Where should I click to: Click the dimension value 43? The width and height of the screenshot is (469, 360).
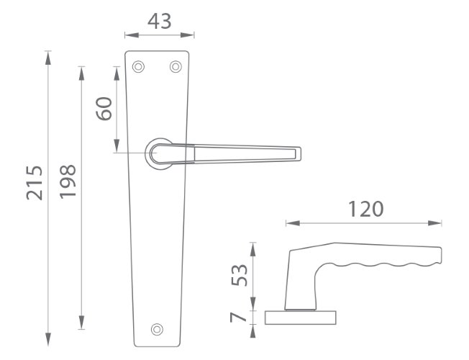(160, 22)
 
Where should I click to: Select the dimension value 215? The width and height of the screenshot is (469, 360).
(35, 183)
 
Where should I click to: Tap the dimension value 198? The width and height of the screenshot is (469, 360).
(68, 181)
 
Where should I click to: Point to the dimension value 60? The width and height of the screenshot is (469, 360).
(104, 109)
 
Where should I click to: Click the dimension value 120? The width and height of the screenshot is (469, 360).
(366, 209)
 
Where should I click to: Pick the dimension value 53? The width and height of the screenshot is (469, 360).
(240, 275)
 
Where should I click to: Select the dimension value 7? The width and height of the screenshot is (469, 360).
(238, 318)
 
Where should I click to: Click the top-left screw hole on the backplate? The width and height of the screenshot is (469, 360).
(138, 66)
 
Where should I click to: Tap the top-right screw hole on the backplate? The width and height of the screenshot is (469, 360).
(176, 66)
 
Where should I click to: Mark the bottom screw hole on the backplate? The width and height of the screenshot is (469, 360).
(157, 330)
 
